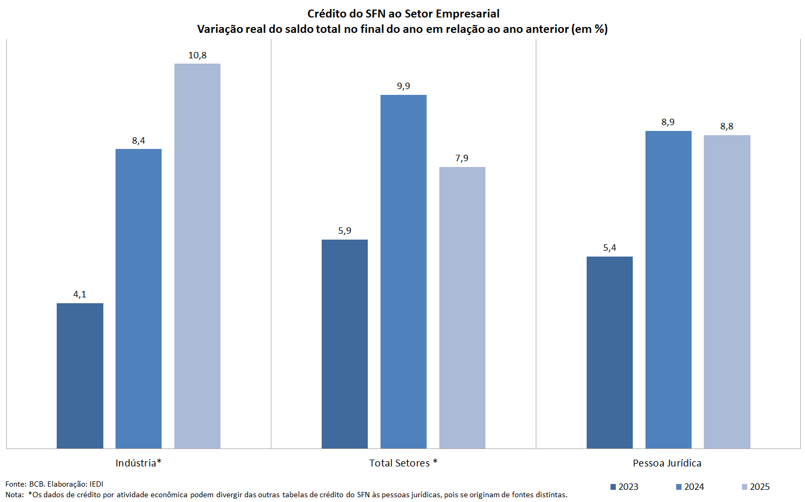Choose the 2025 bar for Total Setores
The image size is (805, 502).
[462, 307]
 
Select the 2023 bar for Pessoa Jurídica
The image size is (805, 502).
[609, 352]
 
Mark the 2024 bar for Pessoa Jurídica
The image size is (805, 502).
[668, 289]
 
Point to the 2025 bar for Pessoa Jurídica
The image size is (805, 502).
[727, 292]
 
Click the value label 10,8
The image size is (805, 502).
[197, 55]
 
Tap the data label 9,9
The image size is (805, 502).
[403, 86]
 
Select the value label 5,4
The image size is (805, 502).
[609, 248]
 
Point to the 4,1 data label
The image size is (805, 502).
[79, 294]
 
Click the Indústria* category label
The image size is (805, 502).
[138, 463]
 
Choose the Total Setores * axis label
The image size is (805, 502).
[403, 463]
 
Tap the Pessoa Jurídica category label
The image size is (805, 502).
[667, 463]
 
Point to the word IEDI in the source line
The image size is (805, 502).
[96, 484]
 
